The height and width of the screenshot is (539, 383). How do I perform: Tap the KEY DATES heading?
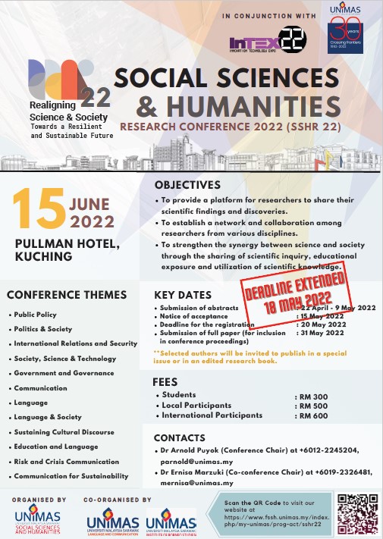[183, 295]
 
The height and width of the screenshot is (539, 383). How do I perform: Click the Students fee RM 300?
[310, 396]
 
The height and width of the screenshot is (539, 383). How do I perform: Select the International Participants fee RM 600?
[310, 415]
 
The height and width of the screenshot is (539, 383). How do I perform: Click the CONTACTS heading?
[180, 437]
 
